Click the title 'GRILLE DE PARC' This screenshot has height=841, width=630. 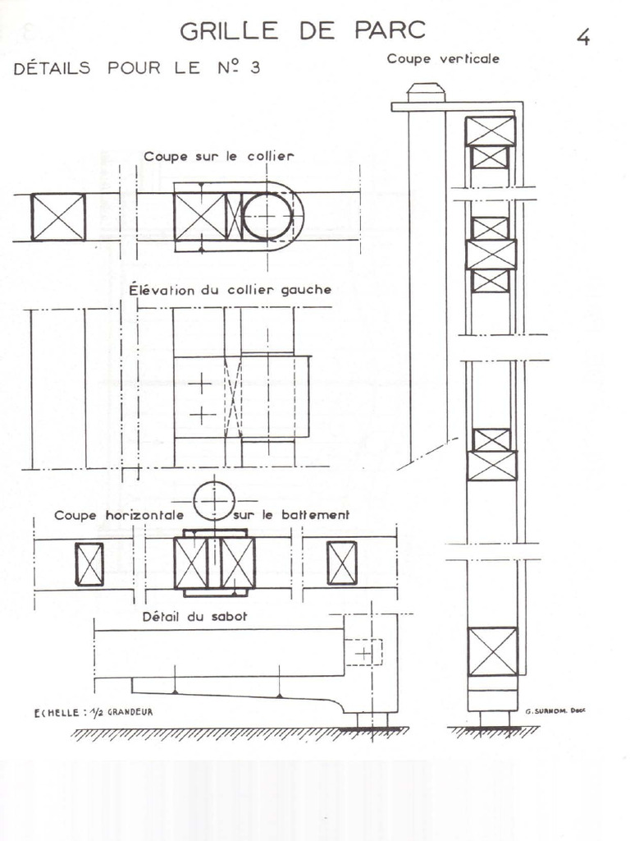303,31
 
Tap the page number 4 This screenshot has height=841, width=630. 583,38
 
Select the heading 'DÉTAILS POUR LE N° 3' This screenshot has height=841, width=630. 137,68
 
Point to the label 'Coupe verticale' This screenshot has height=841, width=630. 443,58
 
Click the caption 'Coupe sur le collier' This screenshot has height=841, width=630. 219,156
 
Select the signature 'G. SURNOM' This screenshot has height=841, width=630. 551,713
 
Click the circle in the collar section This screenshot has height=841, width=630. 267,217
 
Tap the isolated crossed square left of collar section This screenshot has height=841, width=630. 58,217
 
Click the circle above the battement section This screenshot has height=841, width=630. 214,501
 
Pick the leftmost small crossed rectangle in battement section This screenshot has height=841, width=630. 89,564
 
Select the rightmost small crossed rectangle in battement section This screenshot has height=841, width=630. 342,563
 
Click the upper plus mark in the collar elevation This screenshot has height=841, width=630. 200,384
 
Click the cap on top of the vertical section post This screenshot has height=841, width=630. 426,92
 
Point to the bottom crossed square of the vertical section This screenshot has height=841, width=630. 492,651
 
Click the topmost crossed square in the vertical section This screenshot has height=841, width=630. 491,131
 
